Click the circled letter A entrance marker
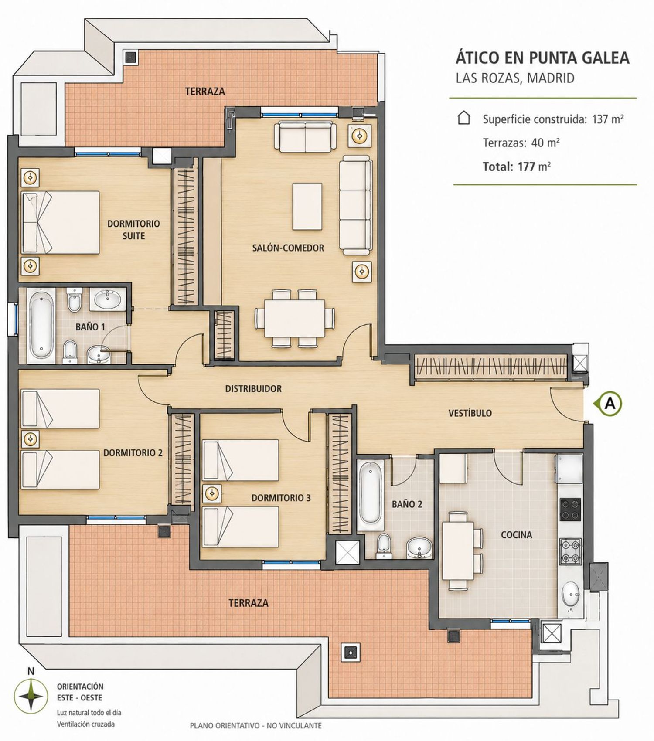(x=610, y=404)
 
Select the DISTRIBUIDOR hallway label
(x=253, y=388)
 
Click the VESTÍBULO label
(x=470, y=413)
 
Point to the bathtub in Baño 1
(x=41, y=325)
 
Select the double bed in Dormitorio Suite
(x=61, y=222)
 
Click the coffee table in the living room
(x=307, y=206)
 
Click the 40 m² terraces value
(x=545, y=143)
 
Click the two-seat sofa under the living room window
(x=305, y=136)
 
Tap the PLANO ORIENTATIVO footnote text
(x=255, y=726)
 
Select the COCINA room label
(x=516, y=534)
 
